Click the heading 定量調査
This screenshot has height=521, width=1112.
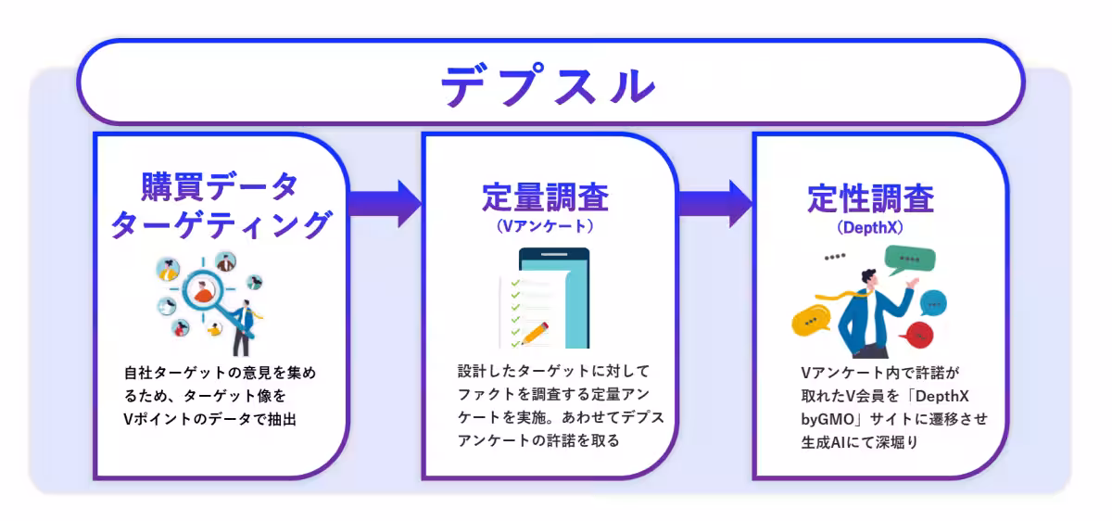pyautogui.click(x=544, y=198)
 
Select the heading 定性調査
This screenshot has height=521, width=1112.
pyautogui.click(x=870, y=198)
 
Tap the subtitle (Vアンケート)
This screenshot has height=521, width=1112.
pyautogui.click(x=544, y=225)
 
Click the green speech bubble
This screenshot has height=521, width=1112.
pyautogui.click(x=909, y=260)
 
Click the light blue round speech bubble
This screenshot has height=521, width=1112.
pyautogui.click(x=932, y=303)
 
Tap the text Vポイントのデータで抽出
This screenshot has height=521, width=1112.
pyautogui.click(x=215, y=419)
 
